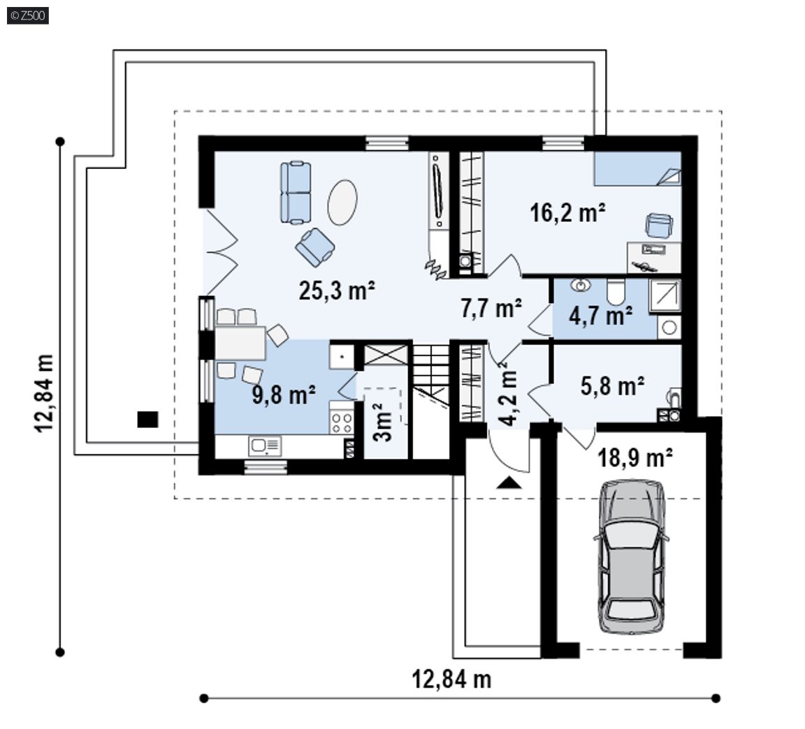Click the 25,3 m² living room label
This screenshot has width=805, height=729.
pyautogui.click(x=336, y=291)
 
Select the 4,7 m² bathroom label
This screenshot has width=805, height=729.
pyautogui.click(x=600, y=315)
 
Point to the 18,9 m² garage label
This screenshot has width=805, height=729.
pyautogui.click(x=635, y=457)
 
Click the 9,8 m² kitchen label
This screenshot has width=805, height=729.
pyautogui.click(x=284, y=395)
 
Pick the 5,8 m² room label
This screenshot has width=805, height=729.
pyautogui.click(x=612, y=385)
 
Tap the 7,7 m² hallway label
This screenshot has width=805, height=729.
pyautogui.click(x=491, y=308)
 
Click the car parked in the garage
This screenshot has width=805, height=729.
pyautogui.click(x=632, y=557)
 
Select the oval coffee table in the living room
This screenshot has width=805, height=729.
pyautogui.click(x=342, y=202)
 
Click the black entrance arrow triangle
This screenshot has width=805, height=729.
pyautogui.click(x=509, y=483)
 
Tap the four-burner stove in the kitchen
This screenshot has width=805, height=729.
pyautogui.click(x=342, y=417)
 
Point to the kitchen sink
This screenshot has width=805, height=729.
pyautogui.click(x=265, y=445)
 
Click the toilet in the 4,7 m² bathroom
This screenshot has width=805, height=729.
pyautogui.click(x=615, y=292)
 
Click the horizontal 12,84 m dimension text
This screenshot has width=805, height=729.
pyautogui.click(x=451, y=679)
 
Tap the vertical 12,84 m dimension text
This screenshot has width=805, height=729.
pyautogui.click(x=44, y=394)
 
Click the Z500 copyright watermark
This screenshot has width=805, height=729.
pyautogui.click(x=28, y=15)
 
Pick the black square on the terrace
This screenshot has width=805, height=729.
pyautogui.click(x=147, y=419)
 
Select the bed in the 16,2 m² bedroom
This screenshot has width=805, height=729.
pyautogui.click(x=637, y=168)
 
